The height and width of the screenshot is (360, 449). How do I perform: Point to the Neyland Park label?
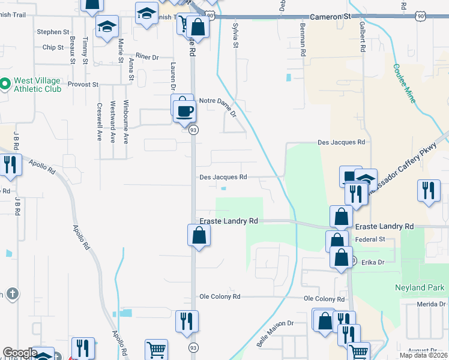click(x=419, y=287)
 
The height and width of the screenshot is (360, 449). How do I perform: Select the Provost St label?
click(x=83, y=85)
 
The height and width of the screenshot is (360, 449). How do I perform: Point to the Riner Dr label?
click(x=146, y=56)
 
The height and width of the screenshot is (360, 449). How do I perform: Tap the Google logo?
click(x=19, y=353)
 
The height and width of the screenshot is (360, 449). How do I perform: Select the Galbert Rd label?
click(x=363, y=37)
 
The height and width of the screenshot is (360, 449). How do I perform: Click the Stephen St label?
click(x=49, y=32)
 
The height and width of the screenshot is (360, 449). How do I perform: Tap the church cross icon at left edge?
click(x=12, y=294)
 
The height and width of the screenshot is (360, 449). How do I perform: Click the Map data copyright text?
click(x=423, y=355)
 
